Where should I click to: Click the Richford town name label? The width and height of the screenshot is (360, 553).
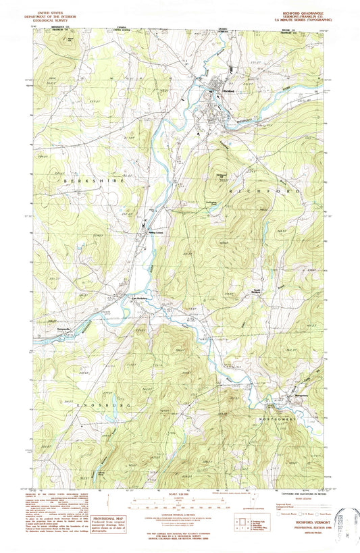pos(228,92)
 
